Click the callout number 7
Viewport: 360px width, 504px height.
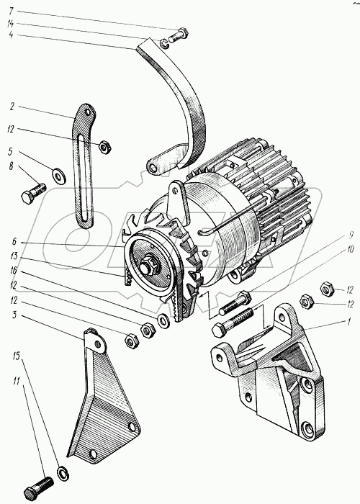coord(11,12)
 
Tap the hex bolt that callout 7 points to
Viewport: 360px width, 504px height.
coord(177,35)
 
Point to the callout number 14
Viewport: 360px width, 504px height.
coord(11,23)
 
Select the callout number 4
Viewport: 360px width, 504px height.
coord(11,35)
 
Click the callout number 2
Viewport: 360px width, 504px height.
coord(12,107)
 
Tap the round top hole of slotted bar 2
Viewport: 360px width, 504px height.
coord(87,112)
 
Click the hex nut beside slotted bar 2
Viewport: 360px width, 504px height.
coord(105,147)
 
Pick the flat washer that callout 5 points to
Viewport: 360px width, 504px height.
coord(59,176)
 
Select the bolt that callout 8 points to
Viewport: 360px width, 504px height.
coord(33,192)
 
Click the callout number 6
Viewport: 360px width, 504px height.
coord(14,242)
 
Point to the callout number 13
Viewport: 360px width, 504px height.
coord(13,256)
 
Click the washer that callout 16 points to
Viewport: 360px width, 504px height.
coord(163,321)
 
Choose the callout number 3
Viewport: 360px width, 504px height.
coord(14,315)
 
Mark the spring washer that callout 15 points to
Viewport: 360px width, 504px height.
coord(63,474)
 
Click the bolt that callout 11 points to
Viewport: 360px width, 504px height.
coord(38,488)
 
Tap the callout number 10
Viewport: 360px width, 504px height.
coord(350,249)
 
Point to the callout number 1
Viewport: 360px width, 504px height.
coord(348,322)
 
